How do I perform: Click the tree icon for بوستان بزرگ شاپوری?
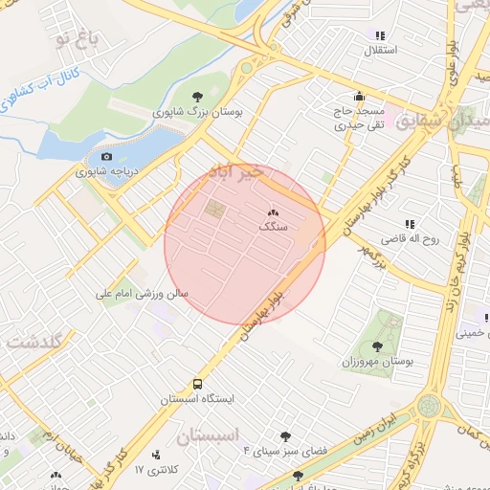[x=197, y=96]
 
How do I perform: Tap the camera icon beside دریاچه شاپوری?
[x=106, y=156]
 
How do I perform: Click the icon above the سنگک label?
[x=274, y=212]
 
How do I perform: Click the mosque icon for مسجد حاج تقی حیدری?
[x=359, y=96]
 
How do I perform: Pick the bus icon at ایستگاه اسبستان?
[x=197, y=382]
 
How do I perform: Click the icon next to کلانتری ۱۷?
[x=157, y=454]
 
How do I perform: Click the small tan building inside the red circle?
[x=215, y=209]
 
